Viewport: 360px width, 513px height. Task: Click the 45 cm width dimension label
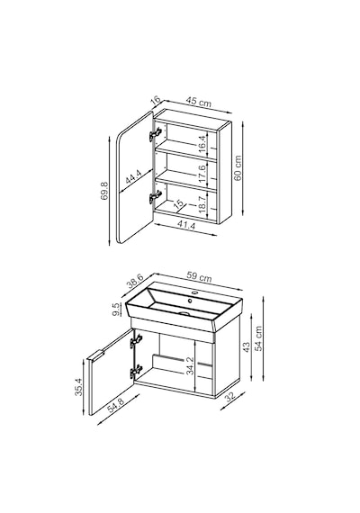pos(199,102)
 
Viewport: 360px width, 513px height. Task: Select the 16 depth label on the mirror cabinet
pos(156,100)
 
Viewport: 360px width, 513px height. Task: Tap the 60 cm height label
pos(238,167)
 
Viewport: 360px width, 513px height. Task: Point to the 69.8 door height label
pos(104,191)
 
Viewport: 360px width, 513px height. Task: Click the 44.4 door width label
pos(133,178)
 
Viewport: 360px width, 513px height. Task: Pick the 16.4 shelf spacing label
pos(202,141)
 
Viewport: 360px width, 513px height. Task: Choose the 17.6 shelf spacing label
pos(202,174)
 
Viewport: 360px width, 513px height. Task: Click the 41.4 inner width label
pos(186,225)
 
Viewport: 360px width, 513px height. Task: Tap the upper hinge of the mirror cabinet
pos(155,134)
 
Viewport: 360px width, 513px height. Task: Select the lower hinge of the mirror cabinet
pos(155,197)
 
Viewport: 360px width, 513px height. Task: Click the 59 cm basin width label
pos(199,277)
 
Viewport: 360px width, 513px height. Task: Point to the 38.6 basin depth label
pos(135,281)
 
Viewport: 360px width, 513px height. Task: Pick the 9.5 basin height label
pos(116,310)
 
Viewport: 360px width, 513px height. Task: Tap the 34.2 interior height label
pos(190,365)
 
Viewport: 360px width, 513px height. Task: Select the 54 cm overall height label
pos(259,338)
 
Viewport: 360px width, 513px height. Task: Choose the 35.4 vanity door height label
pos(78,387)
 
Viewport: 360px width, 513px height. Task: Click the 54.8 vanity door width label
pos(116,405)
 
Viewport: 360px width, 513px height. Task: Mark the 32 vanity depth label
pos(230,396)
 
